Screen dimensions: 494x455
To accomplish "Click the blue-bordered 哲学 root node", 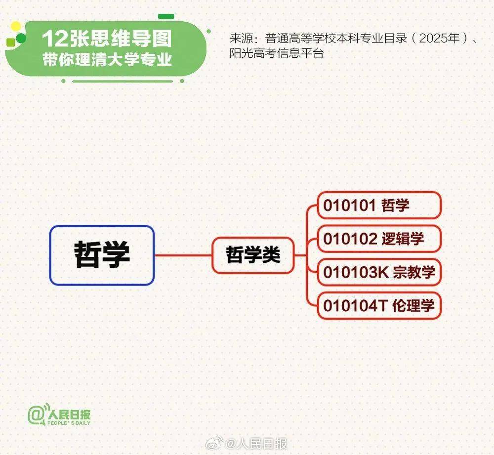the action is [102, 255].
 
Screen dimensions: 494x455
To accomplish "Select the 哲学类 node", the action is [253, 255].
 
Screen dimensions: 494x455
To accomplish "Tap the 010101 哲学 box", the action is [379, 205].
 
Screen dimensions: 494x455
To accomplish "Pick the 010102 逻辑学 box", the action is [379, 239].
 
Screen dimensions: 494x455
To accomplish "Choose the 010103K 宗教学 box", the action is [379, 272].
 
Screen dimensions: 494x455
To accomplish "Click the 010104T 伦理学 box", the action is [379, 306].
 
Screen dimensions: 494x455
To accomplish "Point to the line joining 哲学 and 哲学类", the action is [183, 255].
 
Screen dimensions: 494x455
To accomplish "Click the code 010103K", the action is [356, 272].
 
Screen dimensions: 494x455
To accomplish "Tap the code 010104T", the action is [355, 306].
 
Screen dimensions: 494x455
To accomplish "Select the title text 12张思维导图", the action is [107, 39].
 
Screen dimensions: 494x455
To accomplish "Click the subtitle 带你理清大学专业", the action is [107, 59].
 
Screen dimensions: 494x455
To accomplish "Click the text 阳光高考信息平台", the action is [277, 53].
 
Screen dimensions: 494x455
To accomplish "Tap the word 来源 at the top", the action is [241, 38].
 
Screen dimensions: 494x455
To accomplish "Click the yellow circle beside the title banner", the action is [15, 27].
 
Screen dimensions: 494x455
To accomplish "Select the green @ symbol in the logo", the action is [36, 414].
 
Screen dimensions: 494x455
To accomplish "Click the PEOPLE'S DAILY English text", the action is [69, 423].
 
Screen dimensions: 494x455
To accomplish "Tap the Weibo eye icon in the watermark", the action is [214, 443].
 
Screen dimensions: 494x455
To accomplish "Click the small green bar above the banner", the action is [166, 16].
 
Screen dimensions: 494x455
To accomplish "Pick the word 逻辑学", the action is [403, 239].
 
